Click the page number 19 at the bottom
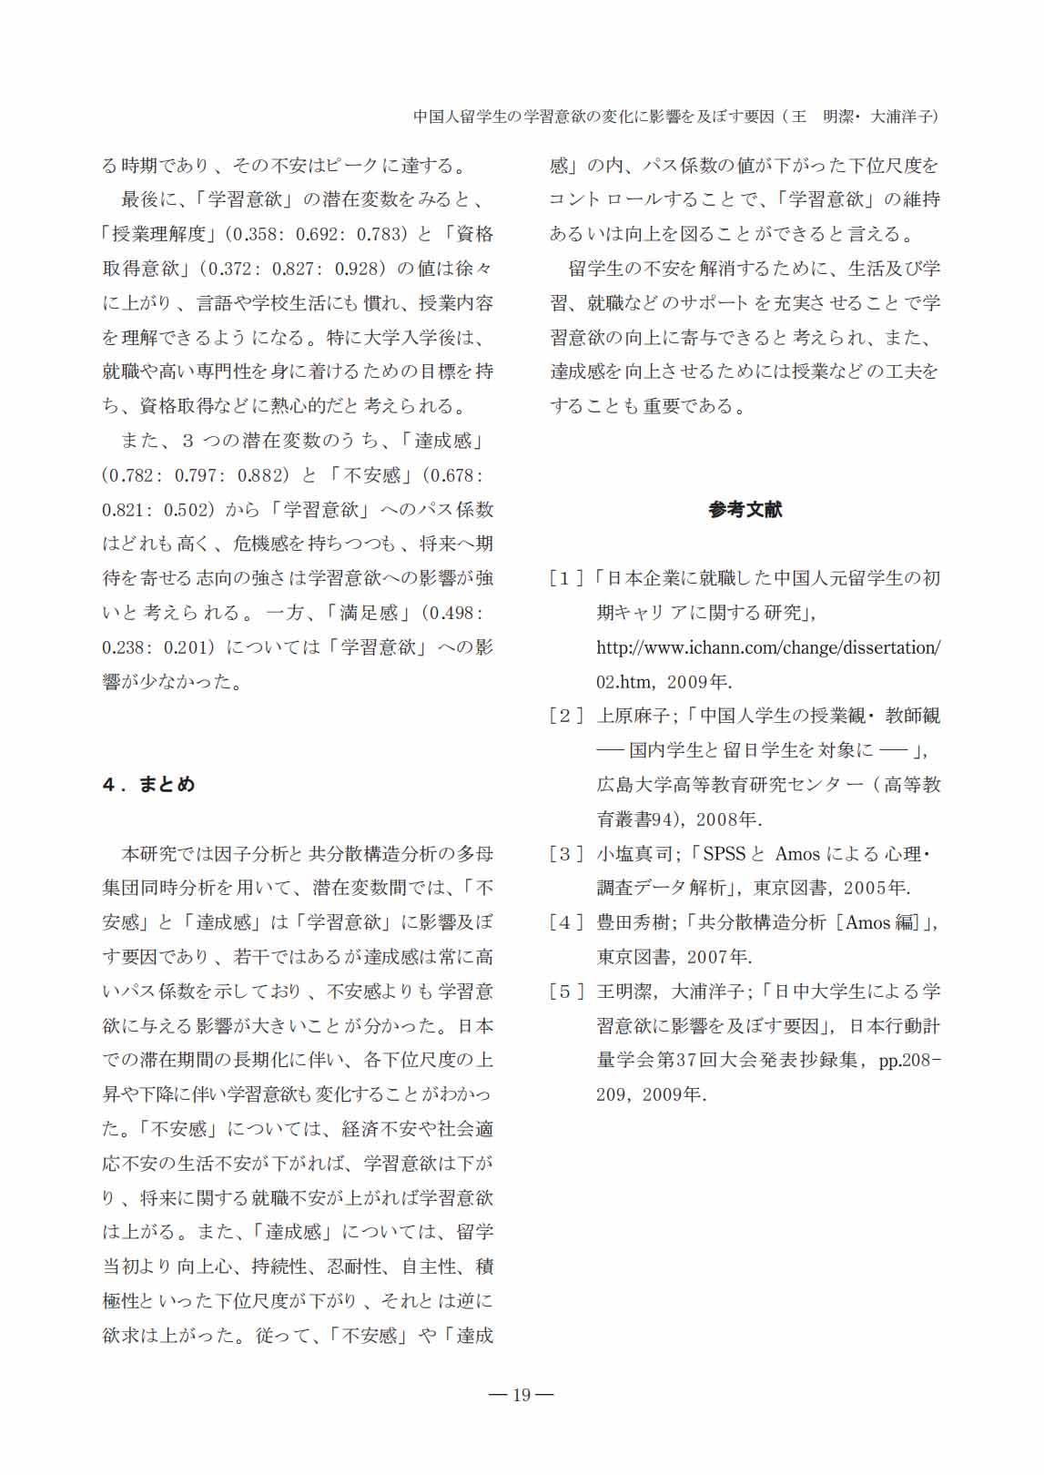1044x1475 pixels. point(522,1395)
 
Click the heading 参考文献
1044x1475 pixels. point(745,510)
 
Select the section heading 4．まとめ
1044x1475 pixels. point(148,785)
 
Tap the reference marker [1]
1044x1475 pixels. point(565,578)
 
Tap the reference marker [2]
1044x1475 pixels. point(565,716)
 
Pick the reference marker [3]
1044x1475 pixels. point(565,854)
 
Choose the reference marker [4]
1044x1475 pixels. point(565,922)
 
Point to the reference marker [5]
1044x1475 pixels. point(565,992)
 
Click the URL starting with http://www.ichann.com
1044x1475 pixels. point(768,647)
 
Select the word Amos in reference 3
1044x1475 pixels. point(797,854)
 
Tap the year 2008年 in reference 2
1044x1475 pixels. point(727,819)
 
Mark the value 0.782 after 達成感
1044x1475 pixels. point(131,475)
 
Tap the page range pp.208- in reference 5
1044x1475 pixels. point(909,1061)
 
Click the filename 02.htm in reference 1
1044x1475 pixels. point(624,682)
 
